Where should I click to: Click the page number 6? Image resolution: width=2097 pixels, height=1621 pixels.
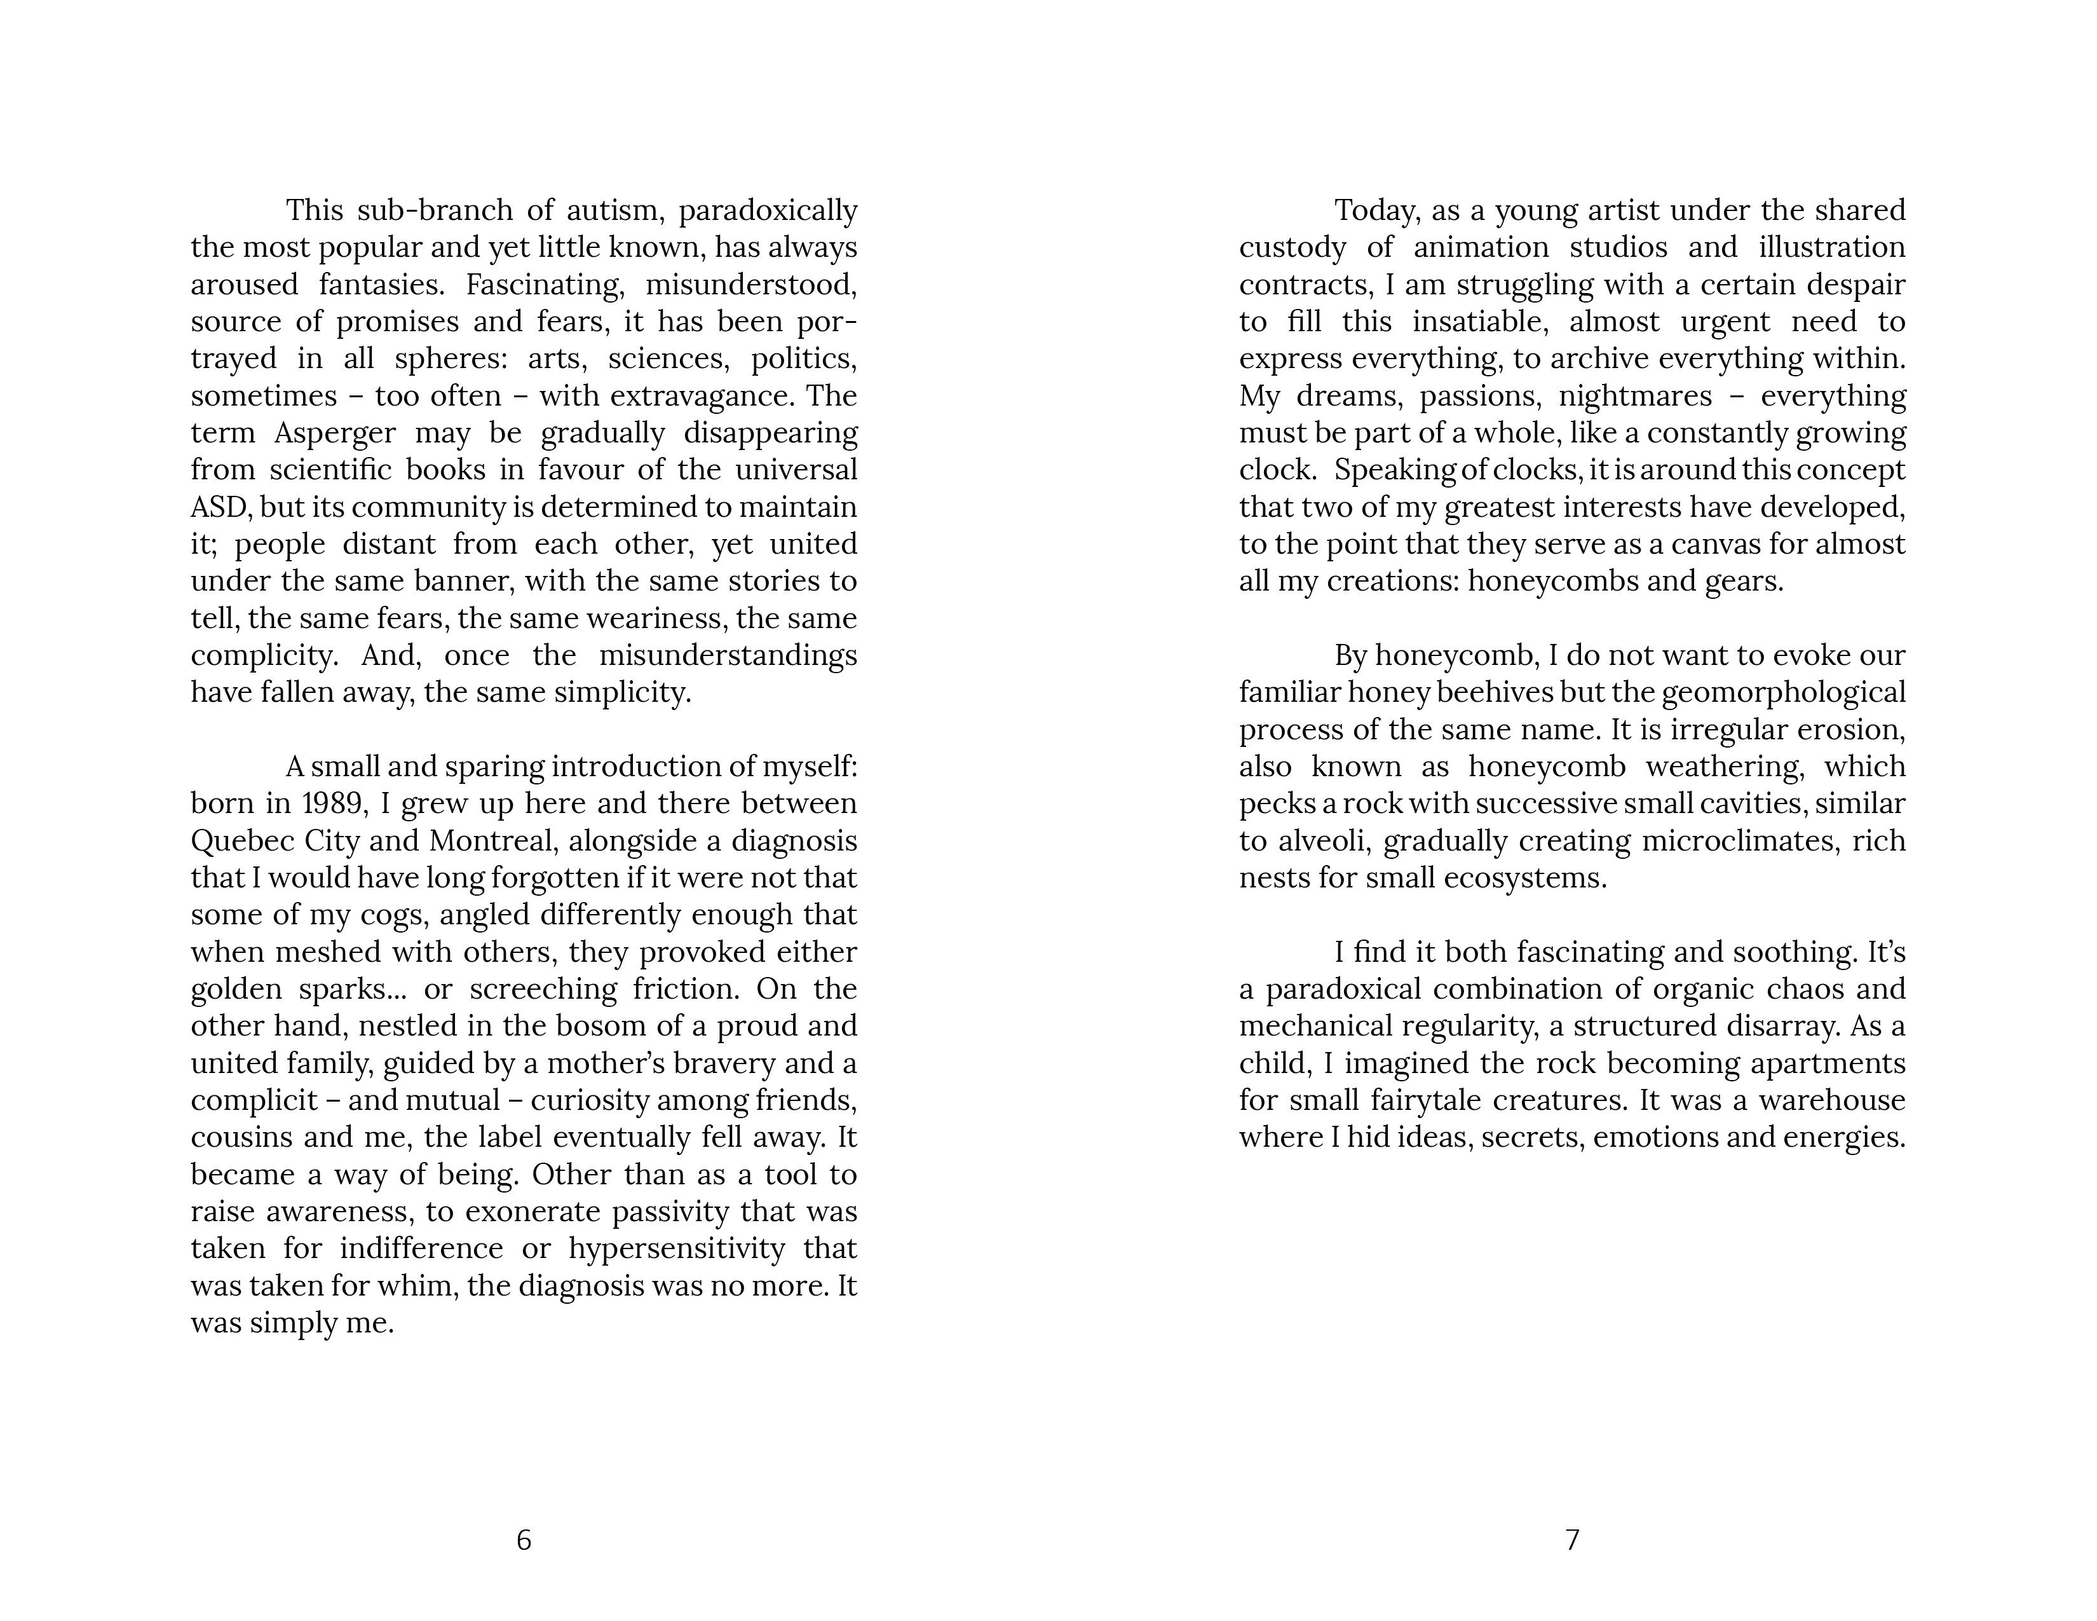pos(523,1540)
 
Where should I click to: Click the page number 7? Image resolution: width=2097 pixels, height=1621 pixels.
pos(1571,1540)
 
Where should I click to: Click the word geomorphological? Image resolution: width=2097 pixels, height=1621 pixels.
pos(1783,692)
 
